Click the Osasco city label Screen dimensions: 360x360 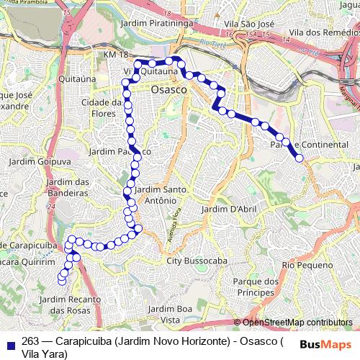click(169, 89)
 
